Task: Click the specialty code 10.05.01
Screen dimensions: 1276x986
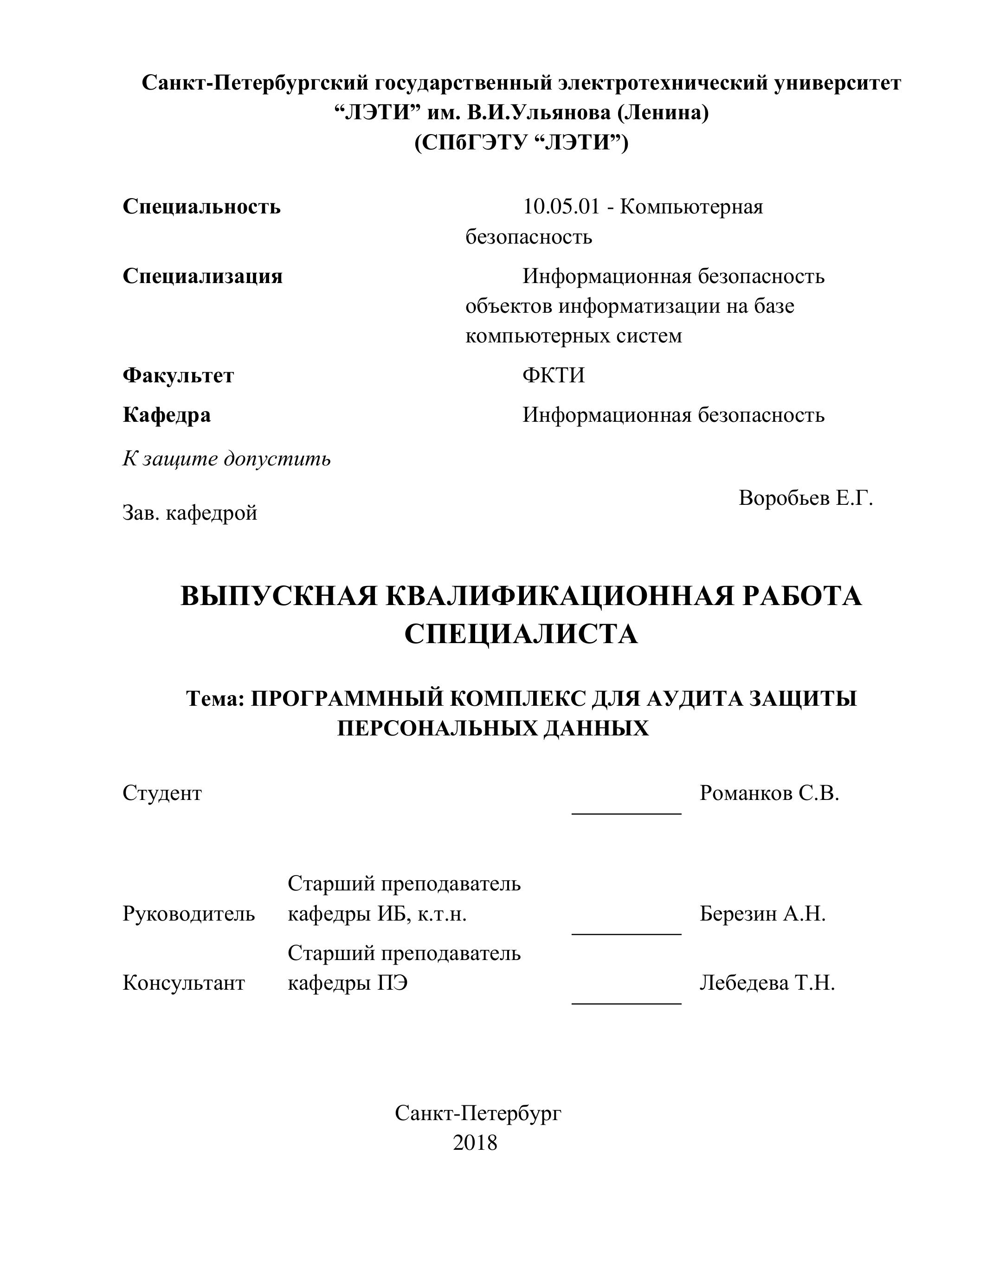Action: pyautogui.click(x=561, y=207)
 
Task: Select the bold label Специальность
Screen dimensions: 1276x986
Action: pyautogui.click(x=201, y=207)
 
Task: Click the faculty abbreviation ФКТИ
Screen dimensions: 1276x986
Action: pyautogui.click(x=553, y=375)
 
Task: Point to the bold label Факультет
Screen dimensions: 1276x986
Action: pyautogui.click(x=178, y=375)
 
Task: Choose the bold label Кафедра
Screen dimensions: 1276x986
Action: pyautogui.click(x=167, y=415)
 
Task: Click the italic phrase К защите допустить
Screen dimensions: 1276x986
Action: pyautogui.click(x=226, y=458)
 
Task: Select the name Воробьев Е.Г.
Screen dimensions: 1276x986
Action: pyautogui.click(x=806, y=498)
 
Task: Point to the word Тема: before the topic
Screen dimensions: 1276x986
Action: pyautogui.click(x=215, y=698)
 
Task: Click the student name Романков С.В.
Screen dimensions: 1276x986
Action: pyautogui.click(x=769, y=793)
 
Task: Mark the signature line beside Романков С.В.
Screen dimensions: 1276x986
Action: pyautogui.click(x=626, y=812)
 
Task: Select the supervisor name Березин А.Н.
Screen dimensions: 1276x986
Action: pyautogui.click(x=762, y=913)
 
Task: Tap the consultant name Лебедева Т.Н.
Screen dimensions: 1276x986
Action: pyautogui.click(x=767, y=983)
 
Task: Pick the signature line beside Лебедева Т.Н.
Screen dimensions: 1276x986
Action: pyautogui.click(x=626, y=1003)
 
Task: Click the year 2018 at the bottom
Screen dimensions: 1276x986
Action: pyautogui.click(x=475, y=1142)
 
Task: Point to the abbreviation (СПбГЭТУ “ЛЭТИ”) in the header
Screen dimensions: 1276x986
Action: pyautogui.click(x=521, y=142)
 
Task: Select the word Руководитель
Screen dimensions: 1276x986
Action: pyautogui.click(x=189, y=913)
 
